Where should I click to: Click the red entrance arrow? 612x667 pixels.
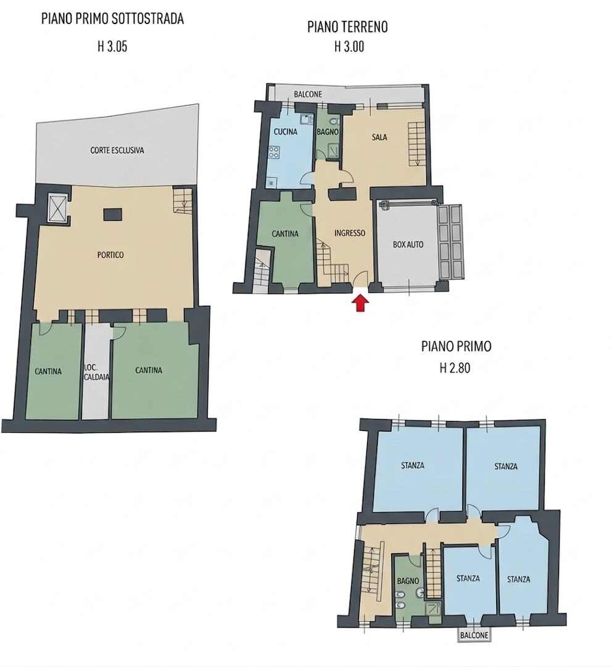360,303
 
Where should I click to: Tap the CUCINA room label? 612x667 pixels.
285,132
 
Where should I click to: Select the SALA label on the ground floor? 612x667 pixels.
379,137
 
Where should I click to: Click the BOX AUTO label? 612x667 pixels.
408,245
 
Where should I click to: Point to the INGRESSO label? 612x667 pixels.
349,233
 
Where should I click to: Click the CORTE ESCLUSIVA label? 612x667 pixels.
117,150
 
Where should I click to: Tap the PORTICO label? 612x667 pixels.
110,255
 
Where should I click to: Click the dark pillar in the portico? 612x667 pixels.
114,214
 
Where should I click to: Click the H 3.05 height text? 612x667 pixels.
112,46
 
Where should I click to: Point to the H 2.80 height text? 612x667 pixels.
455,367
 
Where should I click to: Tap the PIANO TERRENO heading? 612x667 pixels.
347,27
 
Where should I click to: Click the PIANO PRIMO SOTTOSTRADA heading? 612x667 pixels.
113,18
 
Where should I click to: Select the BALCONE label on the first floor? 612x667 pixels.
474,636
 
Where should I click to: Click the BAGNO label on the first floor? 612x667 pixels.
408,581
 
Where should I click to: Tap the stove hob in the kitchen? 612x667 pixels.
273,152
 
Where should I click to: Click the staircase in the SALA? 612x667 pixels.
416,144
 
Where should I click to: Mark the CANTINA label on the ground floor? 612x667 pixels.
285,234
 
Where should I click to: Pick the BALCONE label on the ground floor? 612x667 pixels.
308,94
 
